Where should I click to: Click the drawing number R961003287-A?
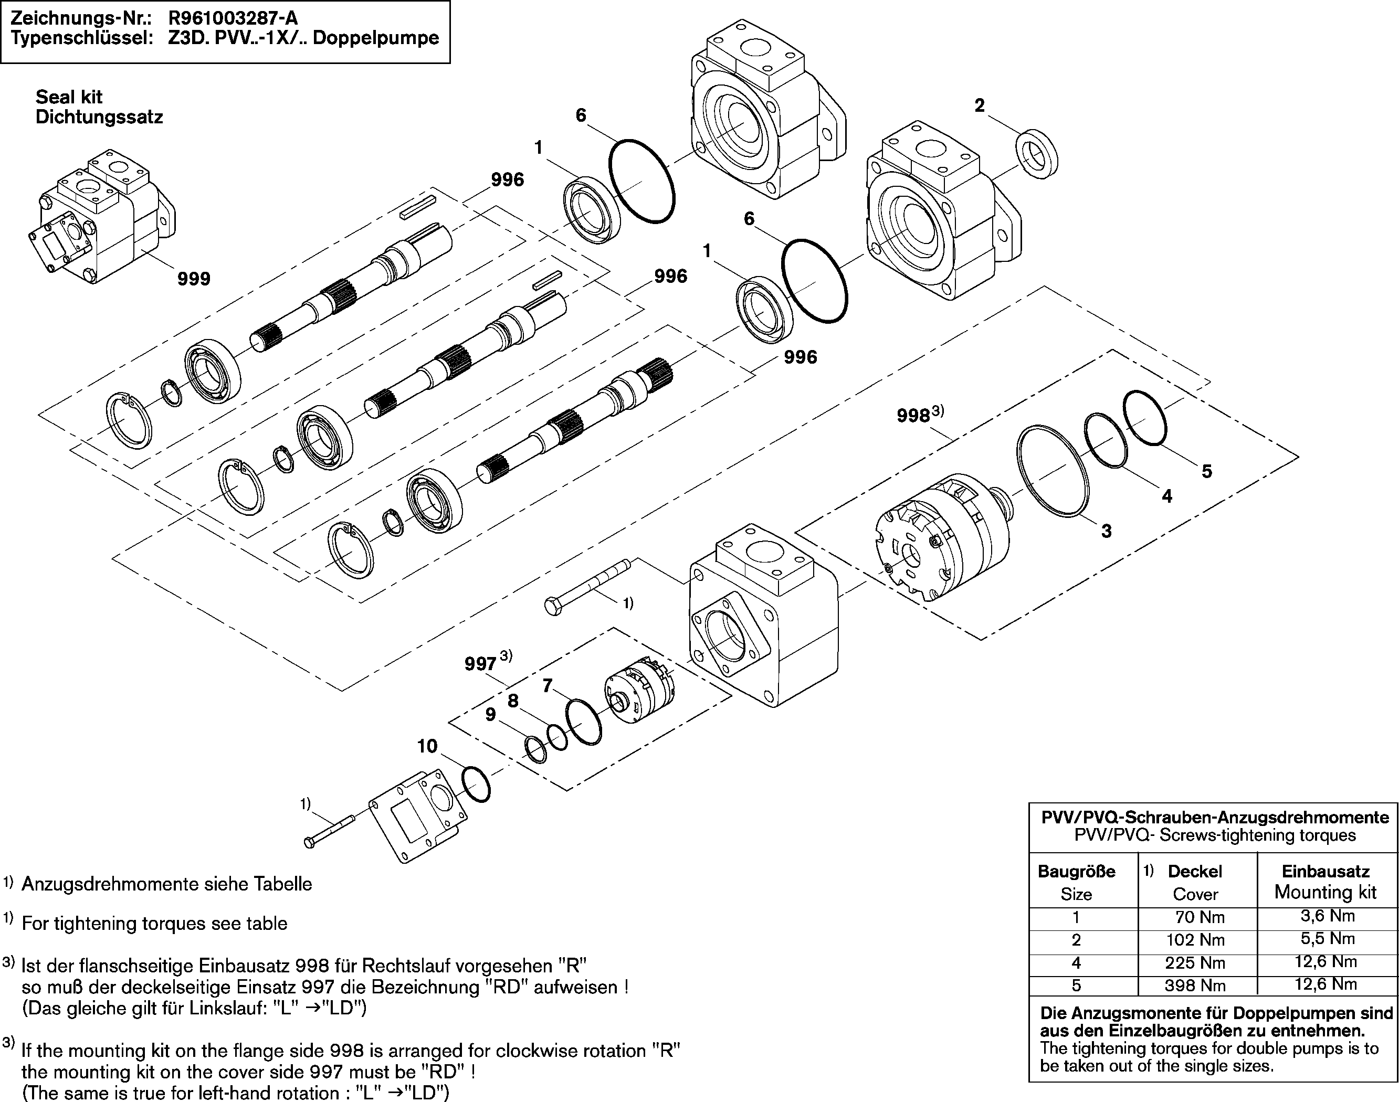(233, 17)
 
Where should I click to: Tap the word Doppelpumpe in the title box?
(386, 38)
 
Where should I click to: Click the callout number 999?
(194, 279)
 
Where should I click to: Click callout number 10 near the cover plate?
(427, 747)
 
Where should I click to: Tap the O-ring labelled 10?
(476, 785)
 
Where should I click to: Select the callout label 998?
(913, 416)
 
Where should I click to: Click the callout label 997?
(481, 664)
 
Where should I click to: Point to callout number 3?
(1106, 531)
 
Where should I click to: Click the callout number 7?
(547, 686)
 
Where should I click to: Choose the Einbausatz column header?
(1326, 872)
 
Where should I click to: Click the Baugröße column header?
(1076, 872)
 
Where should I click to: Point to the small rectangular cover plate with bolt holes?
(418, 815)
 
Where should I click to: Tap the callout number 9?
(490, 715)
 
